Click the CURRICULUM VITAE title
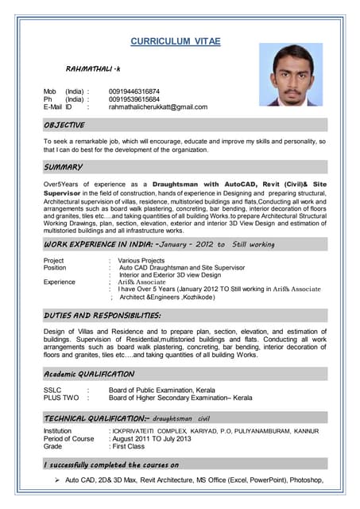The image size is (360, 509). [176, 41]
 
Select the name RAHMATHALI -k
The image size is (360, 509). [93, 71]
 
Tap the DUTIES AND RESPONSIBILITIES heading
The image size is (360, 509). [103, 316]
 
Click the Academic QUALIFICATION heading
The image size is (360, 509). [89, 374]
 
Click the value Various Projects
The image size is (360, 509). [141, 261]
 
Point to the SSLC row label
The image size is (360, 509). [53, 390]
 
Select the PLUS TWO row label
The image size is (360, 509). [61, 398]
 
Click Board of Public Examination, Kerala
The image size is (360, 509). [162, 390]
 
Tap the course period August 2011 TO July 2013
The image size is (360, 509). [152, 439]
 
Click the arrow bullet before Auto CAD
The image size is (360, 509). [57, 480]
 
